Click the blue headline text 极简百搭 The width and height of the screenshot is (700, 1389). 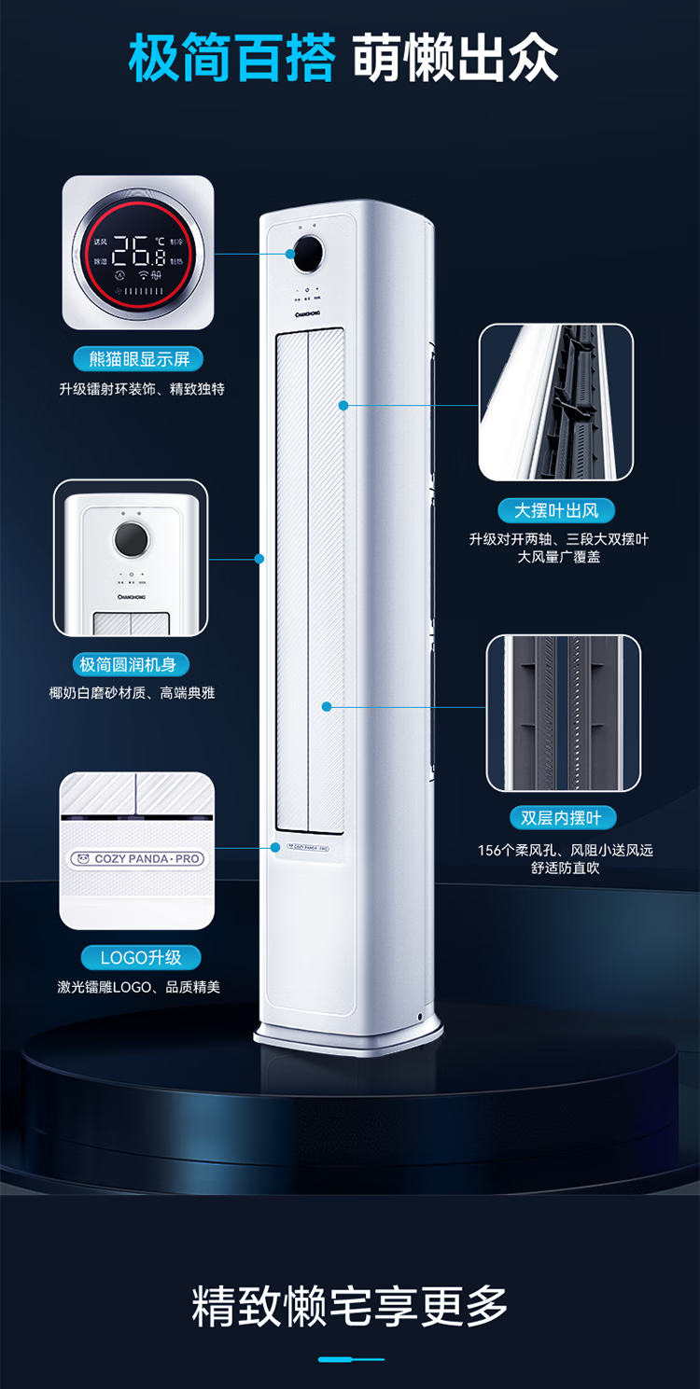[x=231, y=58]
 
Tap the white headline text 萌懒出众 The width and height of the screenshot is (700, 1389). [x=456, y=58]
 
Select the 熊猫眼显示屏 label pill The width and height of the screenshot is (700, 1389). [x=138, y=359]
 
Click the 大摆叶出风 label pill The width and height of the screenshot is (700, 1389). [x=556, y=510]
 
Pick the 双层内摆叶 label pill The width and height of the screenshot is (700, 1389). [x=562, y=818]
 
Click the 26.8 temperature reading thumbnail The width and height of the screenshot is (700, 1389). [x=138, y=252]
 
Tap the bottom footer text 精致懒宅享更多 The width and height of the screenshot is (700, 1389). [x=350, y=1305]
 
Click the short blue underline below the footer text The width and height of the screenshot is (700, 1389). [x=350, y=1359]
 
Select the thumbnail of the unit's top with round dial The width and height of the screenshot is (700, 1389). [x=131, y=558]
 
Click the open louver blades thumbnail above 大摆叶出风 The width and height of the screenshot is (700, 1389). [x=556, y=403]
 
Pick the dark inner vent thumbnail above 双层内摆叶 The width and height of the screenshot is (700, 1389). [x=563, y=713]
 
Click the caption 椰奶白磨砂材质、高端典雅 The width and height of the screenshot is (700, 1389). [x=132, y=693]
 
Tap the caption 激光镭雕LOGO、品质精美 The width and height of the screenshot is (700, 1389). [x=138, y=987]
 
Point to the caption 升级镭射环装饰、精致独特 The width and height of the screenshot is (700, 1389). [x=141, y=389]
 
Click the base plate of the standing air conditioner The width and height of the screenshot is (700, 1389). [x=349, y=1033]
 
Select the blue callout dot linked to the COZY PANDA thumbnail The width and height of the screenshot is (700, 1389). [x=276, y=847]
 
